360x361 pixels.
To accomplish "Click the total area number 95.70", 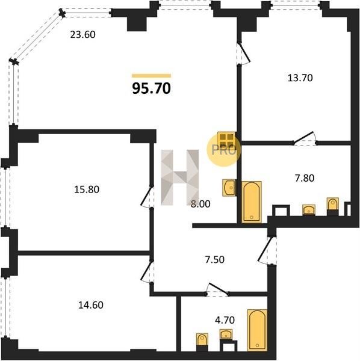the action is point(152,88).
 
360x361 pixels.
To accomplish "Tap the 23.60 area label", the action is point(82,34).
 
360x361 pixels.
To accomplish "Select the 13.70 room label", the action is point(300,78).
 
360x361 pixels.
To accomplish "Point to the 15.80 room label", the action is point(87,190).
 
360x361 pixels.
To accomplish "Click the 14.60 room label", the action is point(91,305).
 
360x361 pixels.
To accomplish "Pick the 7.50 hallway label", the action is point(215,259).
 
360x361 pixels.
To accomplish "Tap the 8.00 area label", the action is point(200,204).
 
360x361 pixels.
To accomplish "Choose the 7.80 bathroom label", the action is point(305,178).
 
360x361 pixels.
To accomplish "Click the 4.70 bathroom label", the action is point(225,320).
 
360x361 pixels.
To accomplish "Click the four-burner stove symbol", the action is point(226,140).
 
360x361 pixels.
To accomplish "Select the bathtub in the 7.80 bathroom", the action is point(252,202).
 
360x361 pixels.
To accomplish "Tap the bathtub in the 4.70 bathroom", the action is point(257,330).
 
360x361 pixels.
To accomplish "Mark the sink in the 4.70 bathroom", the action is point(226,335).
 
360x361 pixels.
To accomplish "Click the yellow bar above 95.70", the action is point(151,76).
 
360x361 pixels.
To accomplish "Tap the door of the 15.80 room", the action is point(147,197).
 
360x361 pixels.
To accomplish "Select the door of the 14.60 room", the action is point(147,271).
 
